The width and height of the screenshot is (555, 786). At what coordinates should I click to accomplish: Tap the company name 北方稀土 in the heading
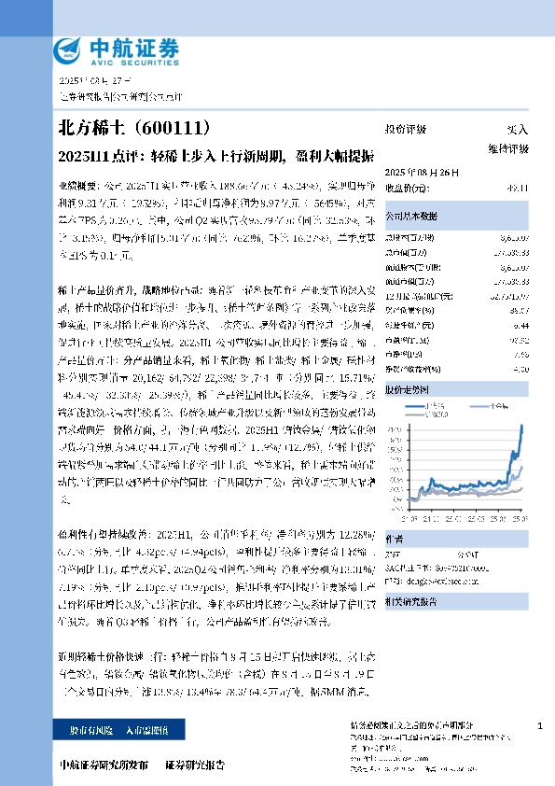click(90, 128)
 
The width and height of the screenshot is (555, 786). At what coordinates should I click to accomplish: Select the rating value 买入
click(516, 130)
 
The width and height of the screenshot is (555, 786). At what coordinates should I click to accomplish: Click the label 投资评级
click(406, 130)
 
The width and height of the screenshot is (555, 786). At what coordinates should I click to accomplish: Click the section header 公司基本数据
click(409, 214)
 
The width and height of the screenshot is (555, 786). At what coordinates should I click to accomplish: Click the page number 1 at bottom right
click(540, 725)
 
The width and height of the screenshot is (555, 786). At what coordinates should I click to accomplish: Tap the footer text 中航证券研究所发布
click(104, 766)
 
